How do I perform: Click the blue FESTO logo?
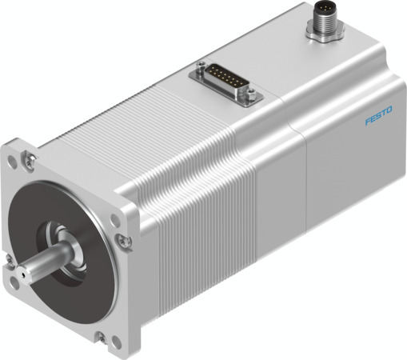(377, 121)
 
